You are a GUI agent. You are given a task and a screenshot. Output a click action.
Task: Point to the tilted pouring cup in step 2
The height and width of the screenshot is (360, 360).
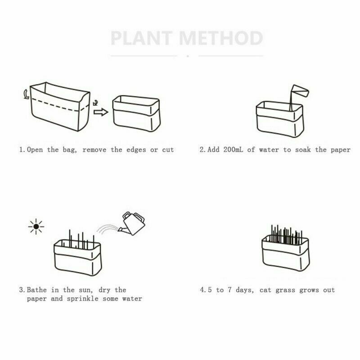point(299,91)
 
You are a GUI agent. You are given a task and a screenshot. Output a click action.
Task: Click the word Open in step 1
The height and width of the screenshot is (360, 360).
point(35,149)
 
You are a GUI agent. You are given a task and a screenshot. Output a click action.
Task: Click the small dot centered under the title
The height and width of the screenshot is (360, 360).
point(187,56)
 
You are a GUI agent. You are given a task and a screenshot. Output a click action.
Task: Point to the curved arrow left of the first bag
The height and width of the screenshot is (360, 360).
point(26,94)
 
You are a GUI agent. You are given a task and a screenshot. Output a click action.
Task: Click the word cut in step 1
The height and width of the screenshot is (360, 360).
point(167,149)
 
